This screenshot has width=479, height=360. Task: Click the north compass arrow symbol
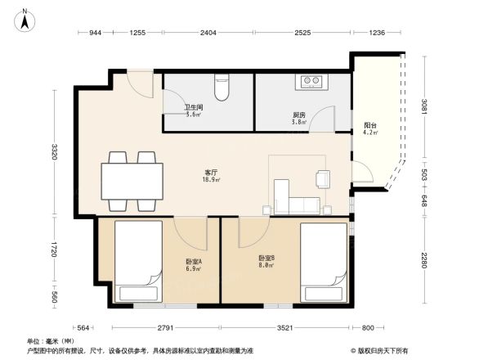(25, 20)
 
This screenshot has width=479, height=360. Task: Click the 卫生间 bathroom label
(193, 110)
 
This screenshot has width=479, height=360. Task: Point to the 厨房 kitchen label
(299, 115)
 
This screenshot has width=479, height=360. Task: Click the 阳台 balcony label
(369, 127)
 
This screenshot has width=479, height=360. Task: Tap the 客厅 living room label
(211, 174)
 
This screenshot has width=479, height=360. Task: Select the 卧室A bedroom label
(193, 263)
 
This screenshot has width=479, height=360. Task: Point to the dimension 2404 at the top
(208, 33)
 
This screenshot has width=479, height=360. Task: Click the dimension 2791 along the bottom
(164, 328)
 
